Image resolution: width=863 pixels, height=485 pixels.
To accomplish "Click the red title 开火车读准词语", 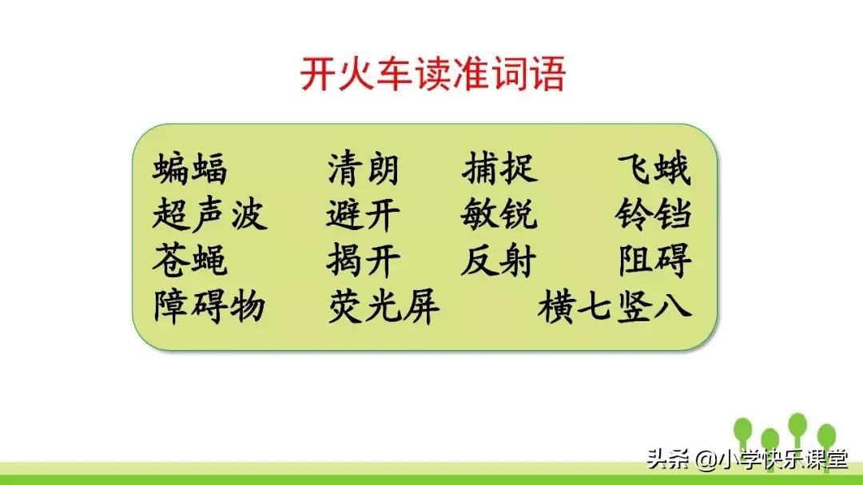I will (432, 74).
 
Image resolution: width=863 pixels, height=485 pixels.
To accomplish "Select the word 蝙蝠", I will (190, 170).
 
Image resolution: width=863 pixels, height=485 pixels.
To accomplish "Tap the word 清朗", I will (363, 170).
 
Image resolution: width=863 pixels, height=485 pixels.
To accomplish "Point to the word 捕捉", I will (499, 170).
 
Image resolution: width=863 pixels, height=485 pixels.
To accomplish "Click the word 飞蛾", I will (654, 170).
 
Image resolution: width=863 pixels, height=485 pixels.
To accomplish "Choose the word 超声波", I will (209, 216).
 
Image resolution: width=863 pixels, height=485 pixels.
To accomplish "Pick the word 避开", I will (363, 216).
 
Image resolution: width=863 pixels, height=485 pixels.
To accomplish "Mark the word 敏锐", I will (499, 216).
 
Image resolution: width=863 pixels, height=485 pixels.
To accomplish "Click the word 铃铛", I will (654, 216).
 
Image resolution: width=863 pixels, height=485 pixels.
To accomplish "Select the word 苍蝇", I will (190, 261).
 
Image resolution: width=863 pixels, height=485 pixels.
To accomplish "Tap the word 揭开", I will (363, 261).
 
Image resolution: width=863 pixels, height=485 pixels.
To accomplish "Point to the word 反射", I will (499, 261).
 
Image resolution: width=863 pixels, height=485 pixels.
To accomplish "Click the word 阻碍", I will (654, 261).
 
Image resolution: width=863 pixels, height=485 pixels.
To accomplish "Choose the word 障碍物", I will (209, 307).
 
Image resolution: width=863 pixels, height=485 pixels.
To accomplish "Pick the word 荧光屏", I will (384, 307).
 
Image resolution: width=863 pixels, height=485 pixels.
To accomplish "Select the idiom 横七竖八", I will (614, 307).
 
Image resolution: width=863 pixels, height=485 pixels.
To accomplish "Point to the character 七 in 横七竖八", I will (595, 307).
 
